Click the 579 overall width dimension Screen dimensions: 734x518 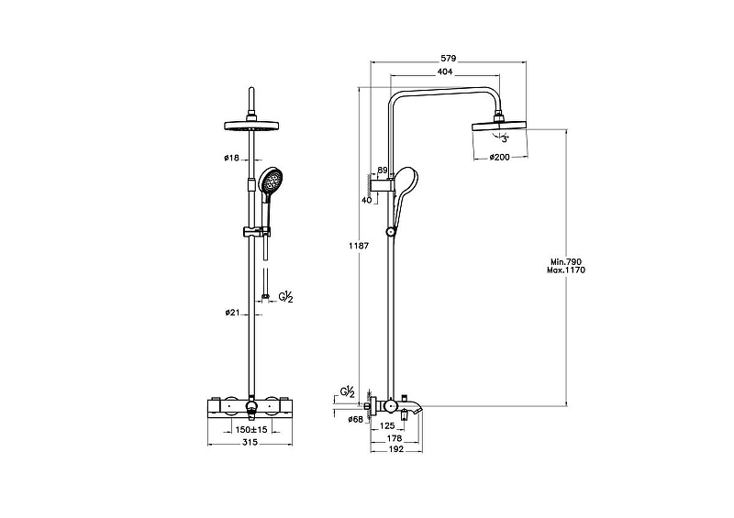coord(448,59)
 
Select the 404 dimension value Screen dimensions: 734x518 coord(445,72)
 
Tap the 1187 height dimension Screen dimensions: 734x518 coord(360,245)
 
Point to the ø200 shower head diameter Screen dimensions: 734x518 coord(499,157)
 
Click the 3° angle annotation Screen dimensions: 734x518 coord(505,139)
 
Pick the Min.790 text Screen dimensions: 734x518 coord(565,262)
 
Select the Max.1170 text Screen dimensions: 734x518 coord(565,270)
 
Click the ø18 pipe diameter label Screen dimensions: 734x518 coord(231,159)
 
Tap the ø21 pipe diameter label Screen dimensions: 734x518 coord(232,312)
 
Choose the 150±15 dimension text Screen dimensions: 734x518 coord(250,430)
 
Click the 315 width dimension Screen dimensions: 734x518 coord(250,442)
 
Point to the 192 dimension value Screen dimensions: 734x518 coord(396,449)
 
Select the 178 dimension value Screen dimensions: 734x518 coord(395,438)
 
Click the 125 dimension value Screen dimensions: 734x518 coord(388,425)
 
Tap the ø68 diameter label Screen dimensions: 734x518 coord(356,420)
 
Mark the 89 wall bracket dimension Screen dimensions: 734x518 coord(382,171)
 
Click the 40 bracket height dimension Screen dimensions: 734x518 coord(366,200)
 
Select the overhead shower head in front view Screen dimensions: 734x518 coord(251,126)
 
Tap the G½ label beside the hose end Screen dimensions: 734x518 coord(285,297)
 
